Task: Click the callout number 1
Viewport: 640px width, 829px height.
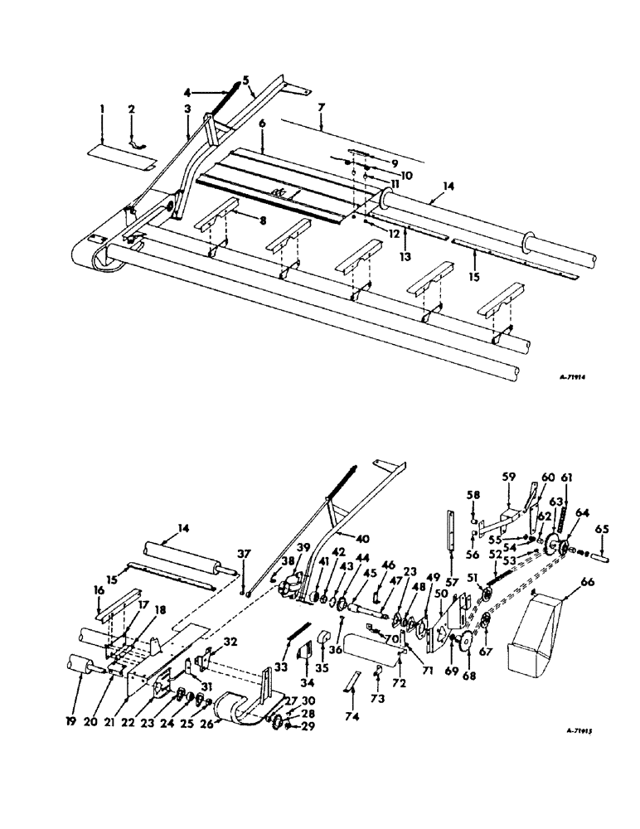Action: [100, 109]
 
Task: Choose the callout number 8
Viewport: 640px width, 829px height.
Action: [238, 220]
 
